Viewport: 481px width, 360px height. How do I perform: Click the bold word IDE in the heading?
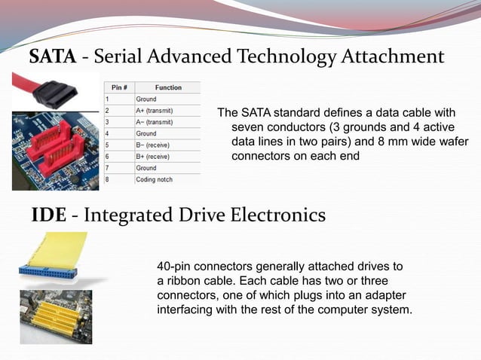[x=48, y=215]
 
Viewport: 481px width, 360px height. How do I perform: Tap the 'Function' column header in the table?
[x=167, y=87]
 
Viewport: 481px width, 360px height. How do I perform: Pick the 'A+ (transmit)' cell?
[x=155, y=110]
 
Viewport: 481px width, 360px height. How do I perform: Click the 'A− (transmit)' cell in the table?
[x=155, y=121]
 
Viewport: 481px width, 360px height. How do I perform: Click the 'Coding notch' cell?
[x=154, y=179]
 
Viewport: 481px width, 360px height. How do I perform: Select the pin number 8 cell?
[x=108, y=179]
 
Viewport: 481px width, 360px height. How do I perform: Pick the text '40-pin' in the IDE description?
[x=174, y=267]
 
